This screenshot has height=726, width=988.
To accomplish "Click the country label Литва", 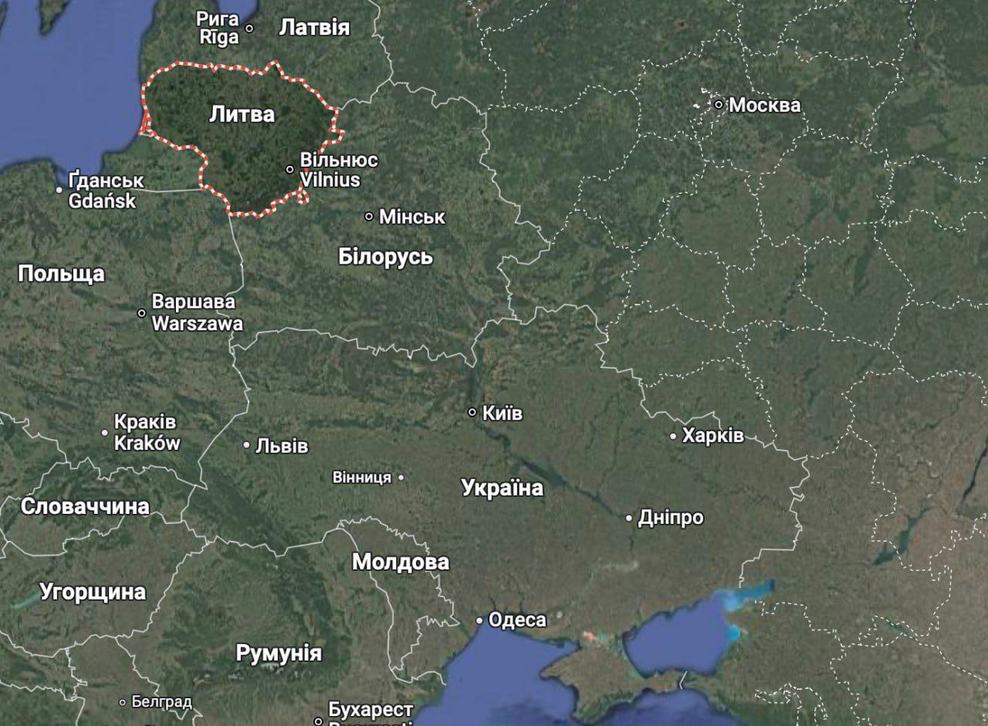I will (x=242, y=114).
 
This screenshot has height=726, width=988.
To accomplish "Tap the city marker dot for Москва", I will (x=719, y=104).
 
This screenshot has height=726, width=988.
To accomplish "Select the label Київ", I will (x=502, y=414).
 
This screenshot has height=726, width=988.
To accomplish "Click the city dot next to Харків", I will (x=673, y=437).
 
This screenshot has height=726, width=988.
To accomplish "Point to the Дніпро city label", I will (x=671, y=518).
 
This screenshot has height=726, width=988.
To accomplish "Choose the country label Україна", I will (x=502, y=488).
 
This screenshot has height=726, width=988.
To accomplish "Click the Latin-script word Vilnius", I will (x=330, y=180).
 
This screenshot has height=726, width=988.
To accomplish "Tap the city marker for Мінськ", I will (x=369, y=217).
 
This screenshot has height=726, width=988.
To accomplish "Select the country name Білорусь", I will (x=385, y=257).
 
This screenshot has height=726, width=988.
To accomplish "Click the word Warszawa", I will (x=197, y=323).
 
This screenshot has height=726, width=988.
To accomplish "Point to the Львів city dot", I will (x=247, y=445).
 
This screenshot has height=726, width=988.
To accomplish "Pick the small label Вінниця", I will (x=361, y=478).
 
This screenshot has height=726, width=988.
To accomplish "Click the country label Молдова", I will (x=401, y=562).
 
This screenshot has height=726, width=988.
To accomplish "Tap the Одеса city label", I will (x=517, y=620).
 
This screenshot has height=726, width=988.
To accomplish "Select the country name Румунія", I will (x=279, y=653).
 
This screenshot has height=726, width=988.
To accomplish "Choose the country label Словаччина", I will (x=85, y=506).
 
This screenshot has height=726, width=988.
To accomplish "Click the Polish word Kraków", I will (x=147, y=443).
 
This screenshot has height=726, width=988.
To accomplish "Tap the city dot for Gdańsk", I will (x=59, y=189).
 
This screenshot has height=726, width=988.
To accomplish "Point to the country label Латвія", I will (x=314, y=28).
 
